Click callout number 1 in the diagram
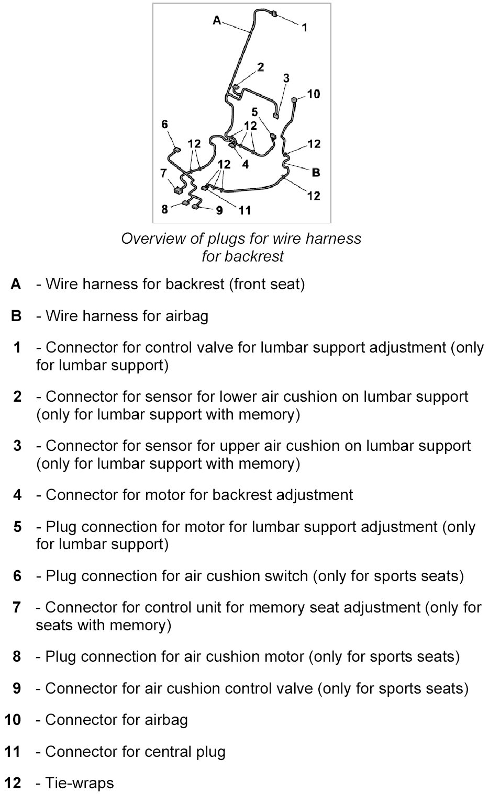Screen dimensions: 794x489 (x=305, y=28)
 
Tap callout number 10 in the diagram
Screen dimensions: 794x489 (x=313, y=94)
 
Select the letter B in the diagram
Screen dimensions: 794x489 (x=316, y=172)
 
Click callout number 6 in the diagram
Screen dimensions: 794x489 (x=165, y=124)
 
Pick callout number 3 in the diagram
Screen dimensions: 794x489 (x=286, y=78)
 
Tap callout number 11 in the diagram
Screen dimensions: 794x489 (x=245, y=210)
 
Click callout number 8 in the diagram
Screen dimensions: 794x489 (x=165, y=209)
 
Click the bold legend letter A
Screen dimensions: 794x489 (x=16, y=284)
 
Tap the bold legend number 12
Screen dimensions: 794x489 (x=13, y=783)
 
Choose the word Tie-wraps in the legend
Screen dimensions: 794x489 (x=79, y=783)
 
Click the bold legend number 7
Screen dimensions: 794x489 (x=17, y=607)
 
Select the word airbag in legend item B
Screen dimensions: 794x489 (x=187, y=316)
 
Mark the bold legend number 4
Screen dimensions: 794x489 (x=17, y=495)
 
